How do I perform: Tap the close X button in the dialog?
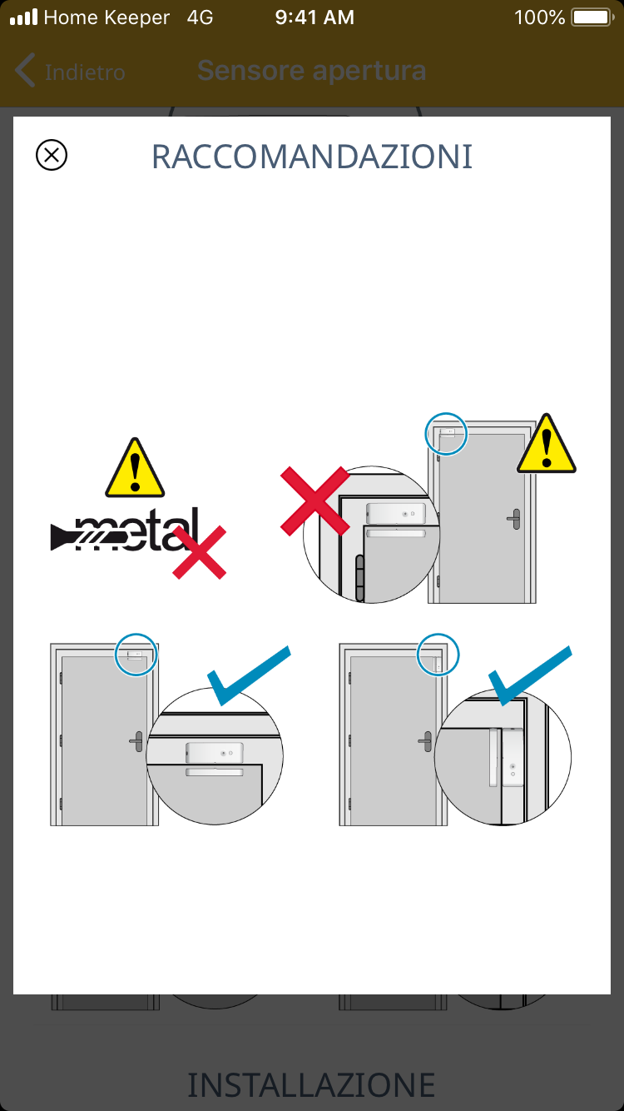tap(52, 155)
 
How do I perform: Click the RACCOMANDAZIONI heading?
tap(312, 157)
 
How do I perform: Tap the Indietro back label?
tap(85, 72)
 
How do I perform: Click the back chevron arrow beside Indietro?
tap(25, 70)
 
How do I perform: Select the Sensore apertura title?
tap(312, 71)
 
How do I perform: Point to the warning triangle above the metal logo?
tap(135, 468)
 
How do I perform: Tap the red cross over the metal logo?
tap(199, 552)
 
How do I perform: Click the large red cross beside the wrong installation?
tap(315, 501)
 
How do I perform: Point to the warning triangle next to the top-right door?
tap(546, 443)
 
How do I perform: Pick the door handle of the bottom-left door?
tap(136, 741)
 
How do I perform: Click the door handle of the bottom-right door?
tap(425, 741)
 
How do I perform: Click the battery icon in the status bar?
tap(592, 17)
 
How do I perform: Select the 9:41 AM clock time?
tap(314, 17)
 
